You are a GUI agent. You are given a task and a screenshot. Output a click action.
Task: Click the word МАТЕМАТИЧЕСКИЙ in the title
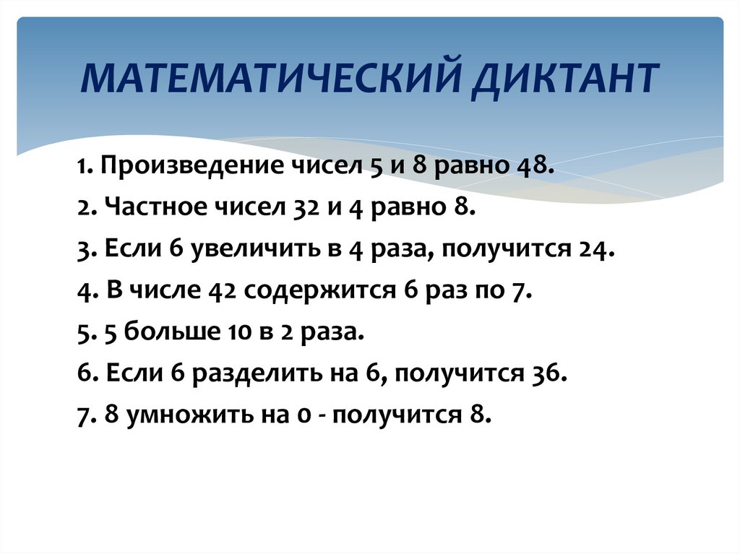267,79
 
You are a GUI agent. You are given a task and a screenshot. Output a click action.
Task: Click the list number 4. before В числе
84,293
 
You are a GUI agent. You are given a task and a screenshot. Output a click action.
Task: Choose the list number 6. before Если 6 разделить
84,375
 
